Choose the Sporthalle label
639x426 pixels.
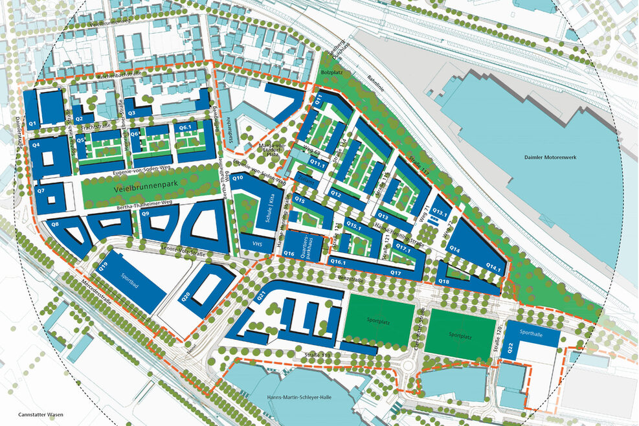tap(531, 334)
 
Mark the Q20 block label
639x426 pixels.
tap(186, 297)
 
